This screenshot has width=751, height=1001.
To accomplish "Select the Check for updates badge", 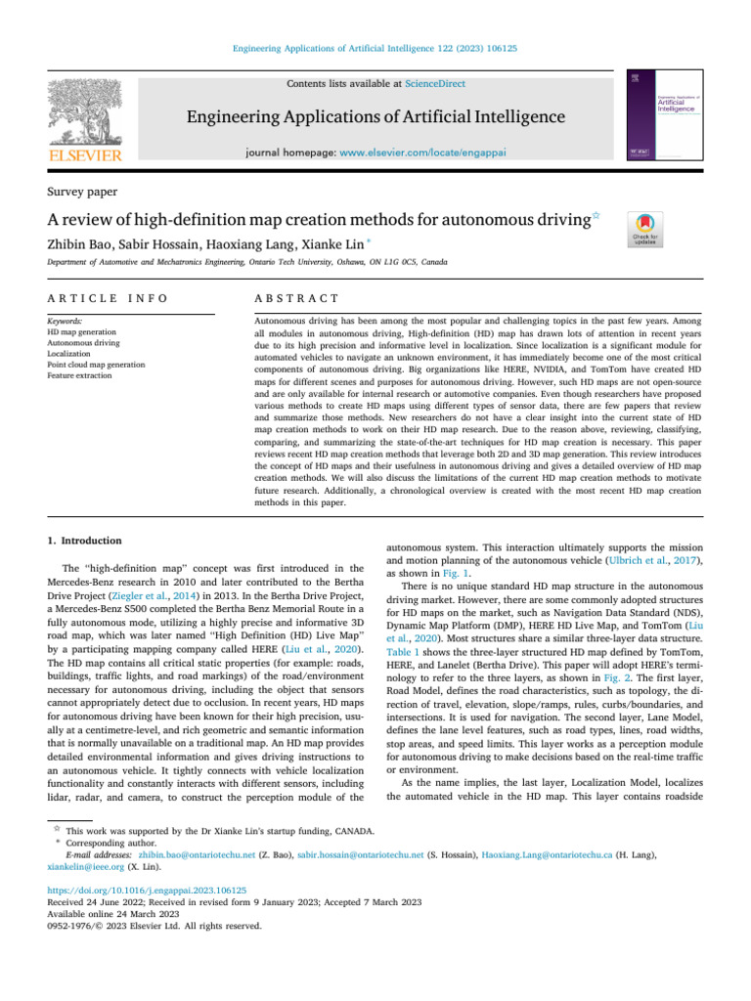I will (646, 230).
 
